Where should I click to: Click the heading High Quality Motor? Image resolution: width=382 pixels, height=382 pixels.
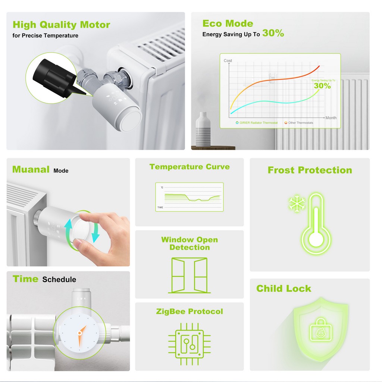[x=62, y=25]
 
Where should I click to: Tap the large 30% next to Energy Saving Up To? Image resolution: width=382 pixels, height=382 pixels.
[x=273, y=33]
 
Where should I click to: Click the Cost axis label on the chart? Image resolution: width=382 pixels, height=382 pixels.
[x=228, y=60]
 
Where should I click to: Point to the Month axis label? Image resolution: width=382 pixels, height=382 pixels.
[x=331, y=118]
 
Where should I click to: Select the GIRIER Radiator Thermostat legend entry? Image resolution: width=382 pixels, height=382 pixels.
[x=257, y=123]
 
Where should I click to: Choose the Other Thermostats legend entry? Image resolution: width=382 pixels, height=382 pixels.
[x=299, y=123]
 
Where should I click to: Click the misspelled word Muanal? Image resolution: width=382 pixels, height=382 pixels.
[x=31, y=169]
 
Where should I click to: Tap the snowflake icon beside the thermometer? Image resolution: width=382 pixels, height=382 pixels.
[x=297, y=203]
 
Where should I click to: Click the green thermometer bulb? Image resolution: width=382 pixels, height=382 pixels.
[x=316, y=240]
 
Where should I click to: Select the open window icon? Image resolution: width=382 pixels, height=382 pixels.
[x=190, y=275]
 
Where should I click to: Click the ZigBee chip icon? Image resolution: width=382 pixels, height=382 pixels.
[x=190, y=344]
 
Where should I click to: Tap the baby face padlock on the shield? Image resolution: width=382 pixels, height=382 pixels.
[x=320, y=330]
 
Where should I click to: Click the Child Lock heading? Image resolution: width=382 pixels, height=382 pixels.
[x=284, y=288]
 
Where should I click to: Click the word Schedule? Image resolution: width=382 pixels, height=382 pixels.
[x=59, y=279]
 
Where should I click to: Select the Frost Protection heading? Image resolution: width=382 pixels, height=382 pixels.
[x=310, y=170]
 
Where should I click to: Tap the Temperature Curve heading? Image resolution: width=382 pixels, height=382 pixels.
[x=190, y=167]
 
